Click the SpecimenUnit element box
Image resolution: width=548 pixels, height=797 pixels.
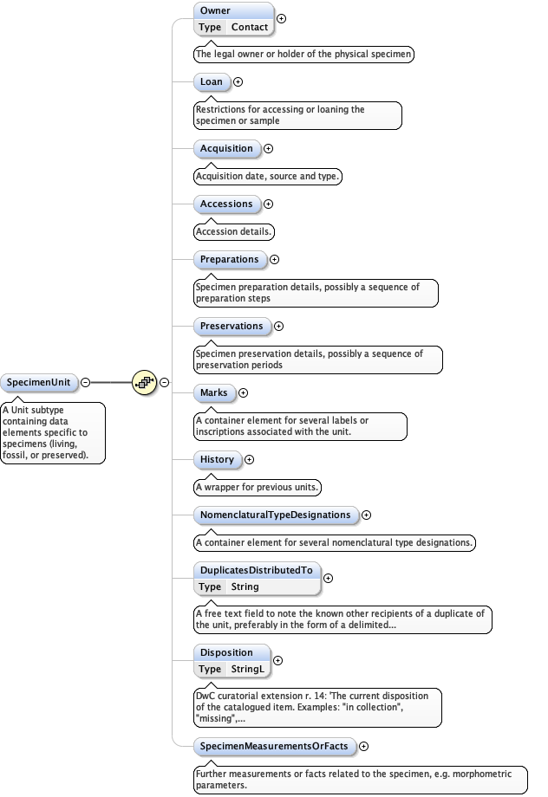(39, 382)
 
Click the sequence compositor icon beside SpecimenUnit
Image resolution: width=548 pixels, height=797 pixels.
(144, 382)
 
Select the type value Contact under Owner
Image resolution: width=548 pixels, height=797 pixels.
(249, 27)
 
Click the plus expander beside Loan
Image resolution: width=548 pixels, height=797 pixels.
(238, 82)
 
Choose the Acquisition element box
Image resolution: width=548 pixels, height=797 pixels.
(226, 148)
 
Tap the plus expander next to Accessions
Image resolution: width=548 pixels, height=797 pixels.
(268, 204)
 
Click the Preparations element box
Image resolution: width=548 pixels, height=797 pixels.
(229, 259)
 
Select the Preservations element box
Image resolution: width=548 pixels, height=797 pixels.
(231, 326)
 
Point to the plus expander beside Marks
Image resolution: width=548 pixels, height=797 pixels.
(243, 393)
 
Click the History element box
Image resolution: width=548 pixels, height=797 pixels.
(217, 459)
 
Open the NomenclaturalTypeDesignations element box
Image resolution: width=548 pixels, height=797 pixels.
(275, 515)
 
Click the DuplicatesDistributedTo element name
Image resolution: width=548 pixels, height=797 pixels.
(256, 571)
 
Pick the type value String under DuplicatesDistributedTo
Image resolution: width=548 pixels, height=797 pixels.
(245, 586)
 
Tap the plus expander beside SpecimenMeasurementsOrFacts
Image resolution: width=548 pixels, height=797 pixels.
(364, 746)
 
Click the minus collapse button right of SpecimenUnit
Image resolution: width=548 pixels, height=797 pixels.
(85, 382)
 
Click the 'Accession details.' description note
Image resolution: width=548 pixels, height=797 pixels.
(235, 232)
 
